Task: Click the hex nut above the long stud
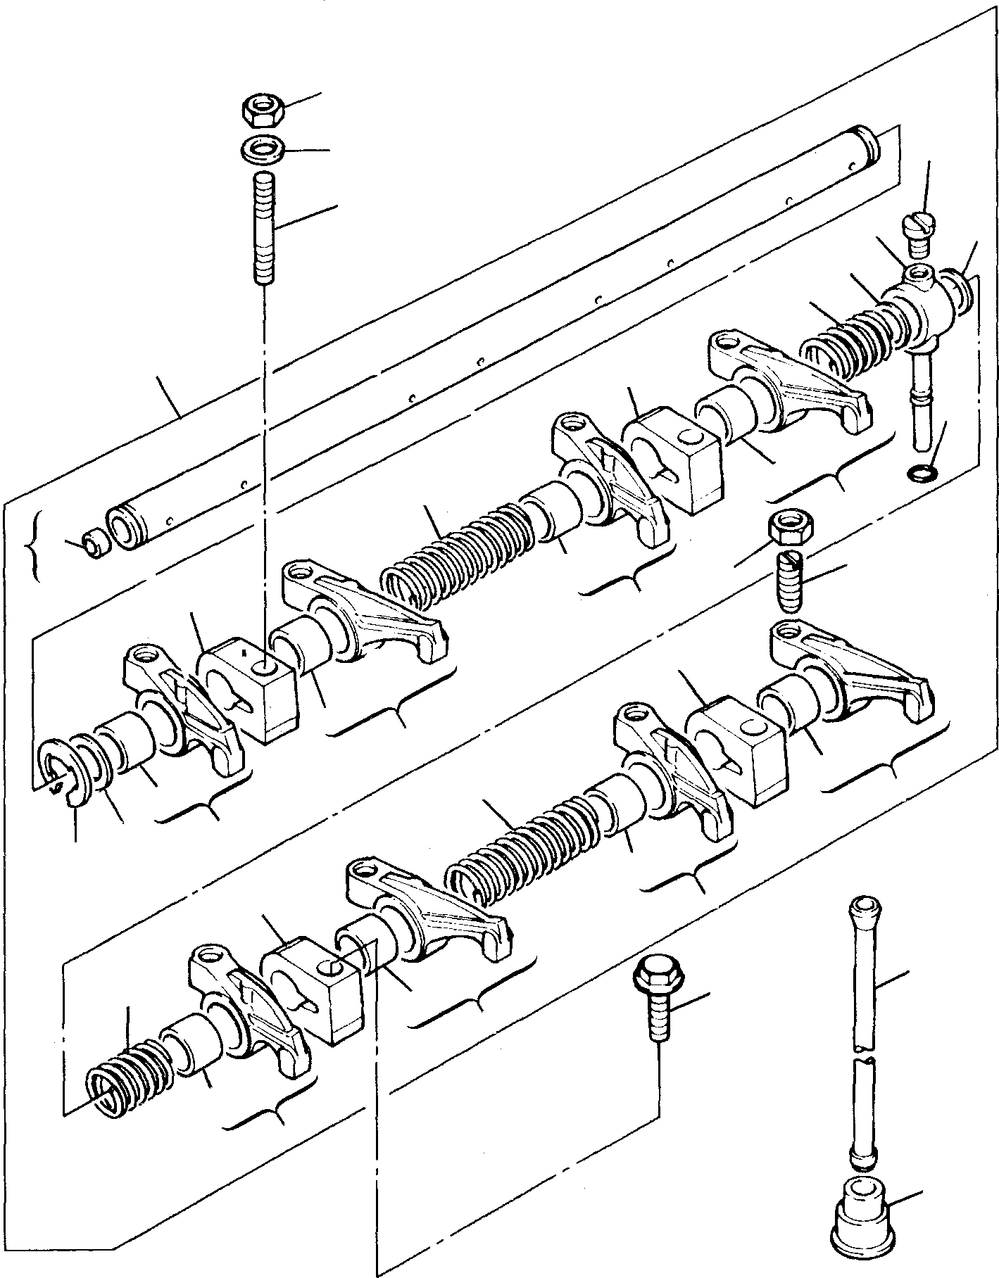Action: tap(263, 110)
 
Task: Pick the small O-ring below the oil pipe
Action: tap(922, 474)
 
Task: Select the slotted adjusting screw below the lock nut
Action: tap(789, 582)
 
